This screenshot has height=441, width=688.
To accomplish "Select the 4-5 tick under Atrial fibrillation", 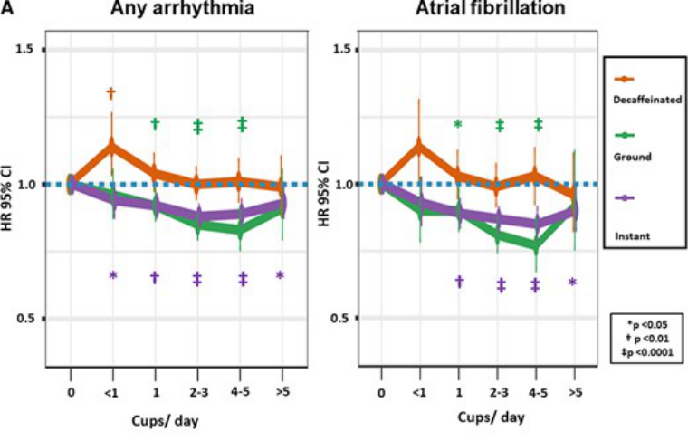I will pyautogui.click(x=537, y=392).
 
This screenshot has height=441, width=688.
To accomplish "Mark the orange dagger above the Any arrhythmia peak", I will pyautogui.click(x=110, y=92).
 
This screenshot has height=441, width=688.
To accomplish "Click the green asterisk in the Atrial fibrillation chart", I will pyautogui.click(x=458, y=125).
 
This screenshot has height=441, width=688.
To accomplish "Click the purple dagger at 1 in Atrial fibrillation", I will pyautogui.click(x=460, y=282).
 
